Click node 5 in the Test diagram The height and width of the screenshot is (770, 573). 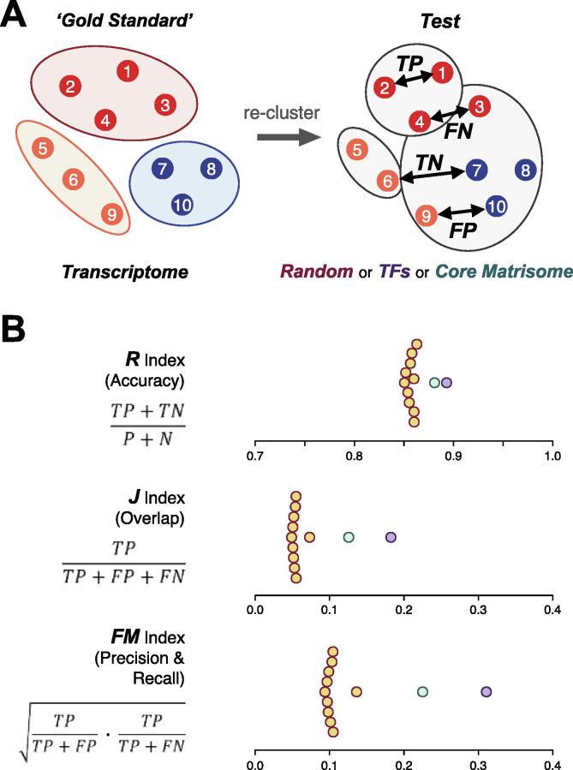355,150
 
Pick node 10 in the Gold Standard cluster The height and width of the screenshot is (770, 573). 181,204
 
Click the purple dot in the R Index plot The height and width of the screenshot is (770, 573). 445,383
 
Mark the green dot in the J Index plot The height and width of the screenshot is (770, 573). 349,537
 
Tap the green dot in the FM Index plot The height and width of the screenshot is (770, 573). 422,691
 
